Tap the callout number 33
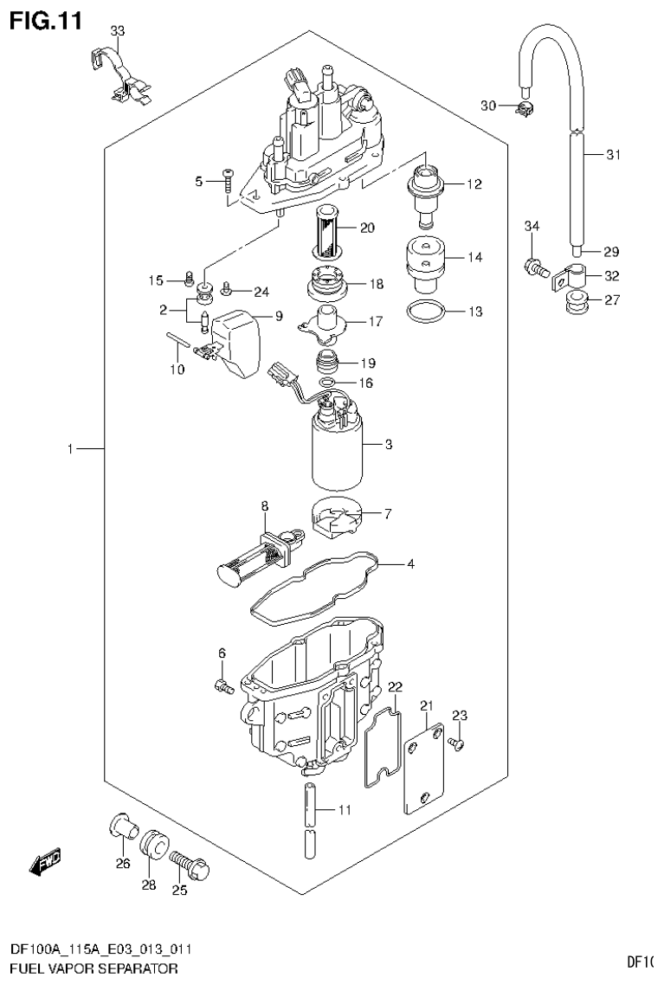tap(118, 31)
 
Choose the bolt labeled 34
tap(533, 267)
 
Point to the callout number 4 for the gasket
tap(410, 565)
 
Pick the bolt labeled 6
tap(222, 685)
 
